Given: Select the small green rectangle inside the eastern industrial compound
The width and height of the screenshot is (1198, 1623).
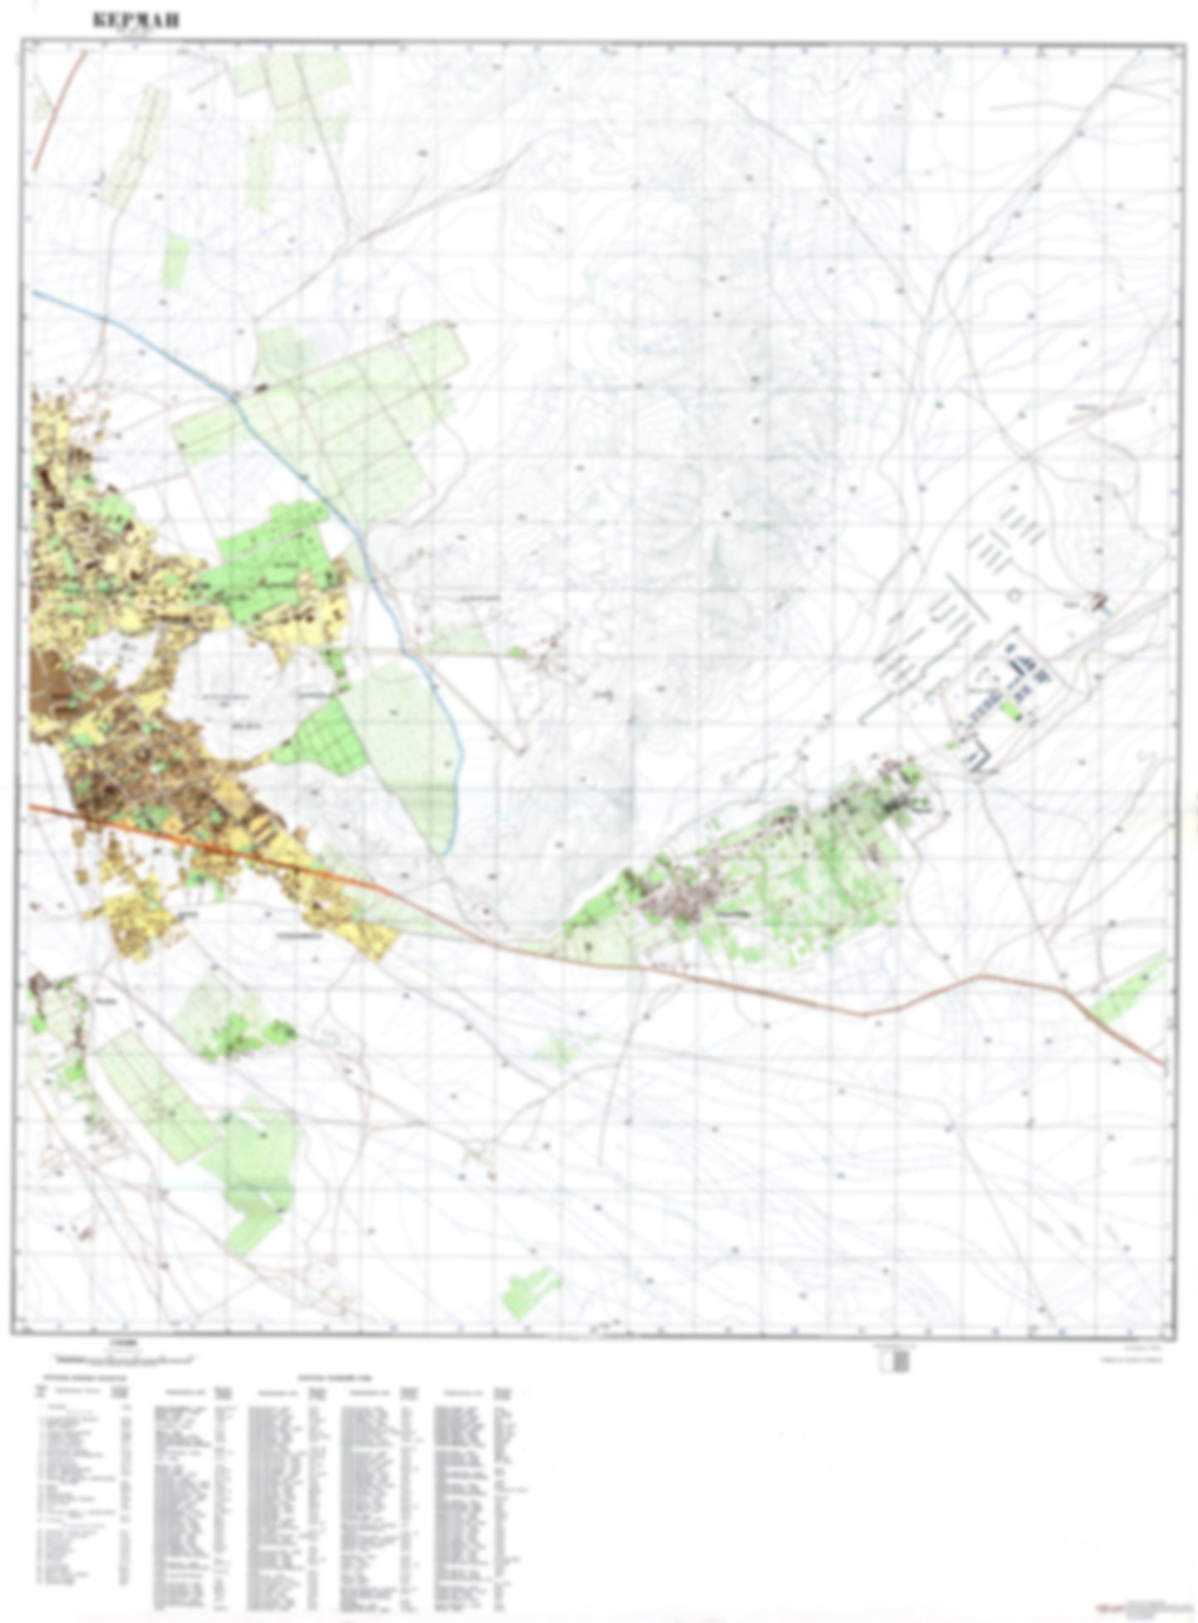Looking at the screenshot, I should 1009,709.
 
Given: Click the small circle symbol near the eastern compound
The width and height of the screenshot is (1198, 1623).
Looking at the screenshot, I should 1012,595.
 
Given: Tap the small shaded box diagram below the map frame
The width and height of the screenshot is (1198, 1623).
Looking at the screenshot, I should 895,1361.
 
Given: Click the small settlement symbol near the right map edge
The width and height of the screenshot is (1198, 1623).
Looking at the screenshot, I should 1100,599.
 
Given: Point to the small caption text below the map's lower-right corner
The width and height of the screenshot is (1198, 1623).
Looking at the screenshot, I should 1140,1356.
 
